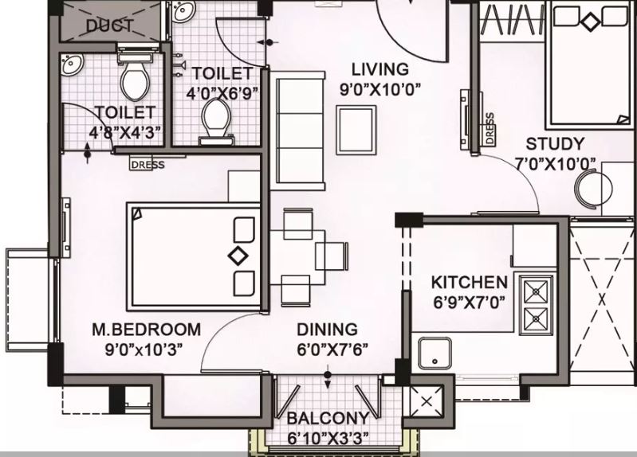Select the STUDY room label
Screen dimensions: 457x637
point(555,144)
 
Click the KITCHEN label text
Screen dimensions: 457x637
point(469,282)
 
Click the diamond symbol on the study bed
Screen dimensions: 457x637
point(588,22)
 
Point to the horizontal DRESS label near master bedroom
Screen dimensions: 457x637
point(147,166)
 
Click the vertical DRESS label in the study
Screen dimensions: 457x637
point(488,128)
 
